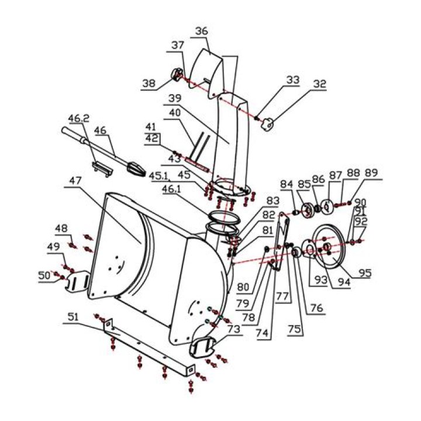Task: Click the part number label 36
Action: coord(201,31)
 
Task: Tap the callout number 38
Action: coord(149,84)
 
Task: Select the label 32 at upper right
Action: coord(319,84)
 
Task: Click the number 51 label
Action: coord(72,318)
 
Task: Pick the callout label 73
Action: coord(234,330)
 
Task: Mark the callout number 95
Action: coord(365,272)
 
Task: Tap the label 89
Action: coord(371,173)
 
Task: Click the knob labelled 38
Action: coord(176,75)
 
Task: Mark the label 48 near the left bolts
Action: coord(62,228)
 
